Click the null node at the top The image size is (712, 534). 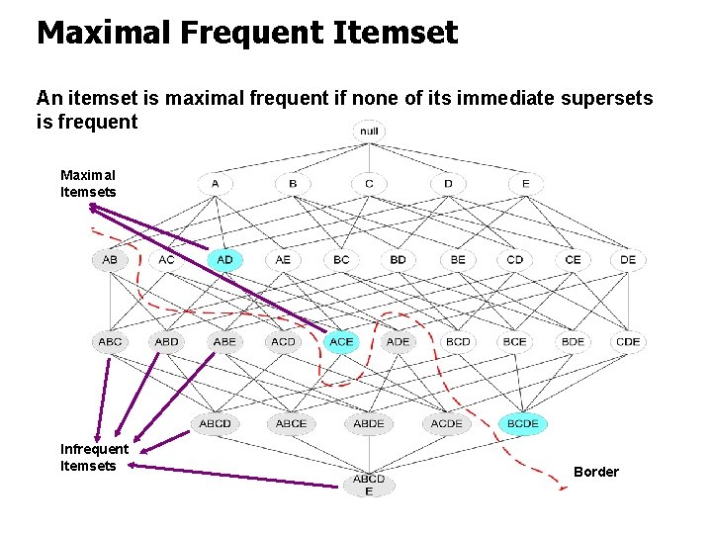369,131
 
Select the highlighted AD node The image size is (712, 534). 224,260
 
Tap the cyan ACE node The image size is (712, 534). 341,341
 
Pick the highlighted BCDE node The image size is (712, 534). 523,423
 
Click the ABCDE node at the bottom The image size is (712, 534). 369,485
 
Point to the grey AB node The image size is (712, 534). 110,260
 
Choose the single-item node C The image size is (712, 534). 369,183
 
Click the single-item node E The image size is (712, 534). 525,183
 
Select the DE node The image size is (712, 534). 628,260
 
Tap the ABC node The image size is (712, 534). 110,341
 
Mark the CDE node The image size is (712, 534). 628,341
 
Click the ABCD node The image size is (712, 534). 215,423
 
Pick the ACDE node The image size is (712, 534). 446,423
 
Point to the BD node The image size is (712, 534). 398,260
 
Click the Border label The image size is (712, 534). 596,472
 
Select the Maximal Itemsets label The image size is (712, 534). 88,183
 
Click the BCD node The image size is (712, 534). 458,341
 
